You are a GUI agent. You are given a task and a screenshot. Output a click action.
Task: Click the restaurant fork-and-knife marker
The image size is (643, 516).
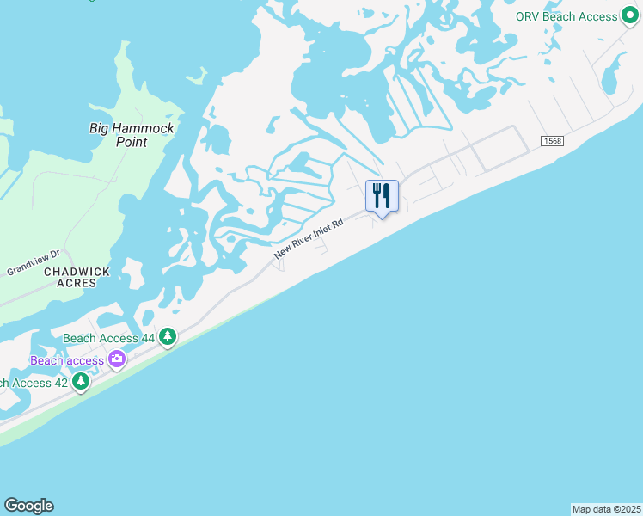point(382,196)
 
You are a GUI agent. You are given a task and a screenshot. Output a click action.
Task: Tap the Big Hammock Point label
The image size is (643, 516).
point(132,135)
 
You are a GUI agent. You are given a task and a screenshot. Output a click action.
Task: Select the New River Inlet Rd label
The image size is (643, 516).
point(309,239)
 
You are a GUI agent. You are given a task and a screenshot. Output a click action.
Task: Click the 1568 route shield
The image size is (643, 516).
point(552,141)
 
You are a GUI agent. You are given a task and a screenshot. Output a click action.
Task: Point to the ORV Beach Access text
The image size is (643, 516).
point(566,16)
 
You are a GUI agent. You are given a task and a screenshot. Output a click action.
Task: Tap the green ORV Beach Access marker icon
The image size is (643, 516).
point(633,17)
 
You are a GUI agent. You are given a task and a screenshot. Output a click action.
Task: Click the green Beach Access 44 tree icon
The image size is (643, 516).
point(168,338)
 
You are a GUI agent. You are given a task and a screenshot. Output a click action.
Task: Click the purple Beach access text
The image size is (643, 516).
point(67,360)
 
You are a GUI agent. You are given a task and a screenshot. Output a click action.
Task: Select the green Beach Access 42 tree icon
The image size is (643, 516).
point(81,381)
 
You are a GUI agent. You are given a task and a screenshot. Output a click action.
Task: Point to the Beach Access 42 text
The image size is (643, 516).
point(33,382)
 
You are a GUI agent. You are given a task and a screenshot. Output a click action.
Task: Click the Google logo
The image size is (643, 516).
point(28,506)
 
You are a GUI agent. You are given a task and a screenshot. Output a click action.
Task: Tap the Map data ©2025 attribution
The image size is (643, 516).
point(606,509)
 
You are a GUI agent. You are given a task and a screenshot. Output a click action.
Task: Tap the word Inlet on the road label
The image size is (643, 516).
point(321,231)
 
